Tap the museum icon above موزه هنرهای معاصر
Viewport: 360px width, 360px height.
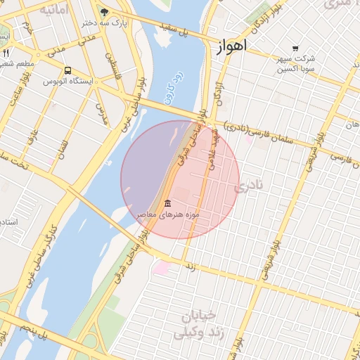167,203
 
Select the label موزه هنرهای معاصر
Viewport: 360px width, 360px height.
168,213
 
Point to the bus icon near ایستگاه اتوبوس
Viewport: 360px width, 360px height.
67,70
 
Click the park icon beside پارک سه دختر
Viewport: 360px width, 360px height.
105,12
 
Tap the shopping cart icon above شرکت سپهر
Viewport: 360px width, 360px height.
295,48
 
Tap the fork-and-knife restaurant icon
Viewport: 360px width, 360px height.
6,53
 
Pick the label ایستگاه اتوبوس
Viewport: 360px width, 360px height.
68,82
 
